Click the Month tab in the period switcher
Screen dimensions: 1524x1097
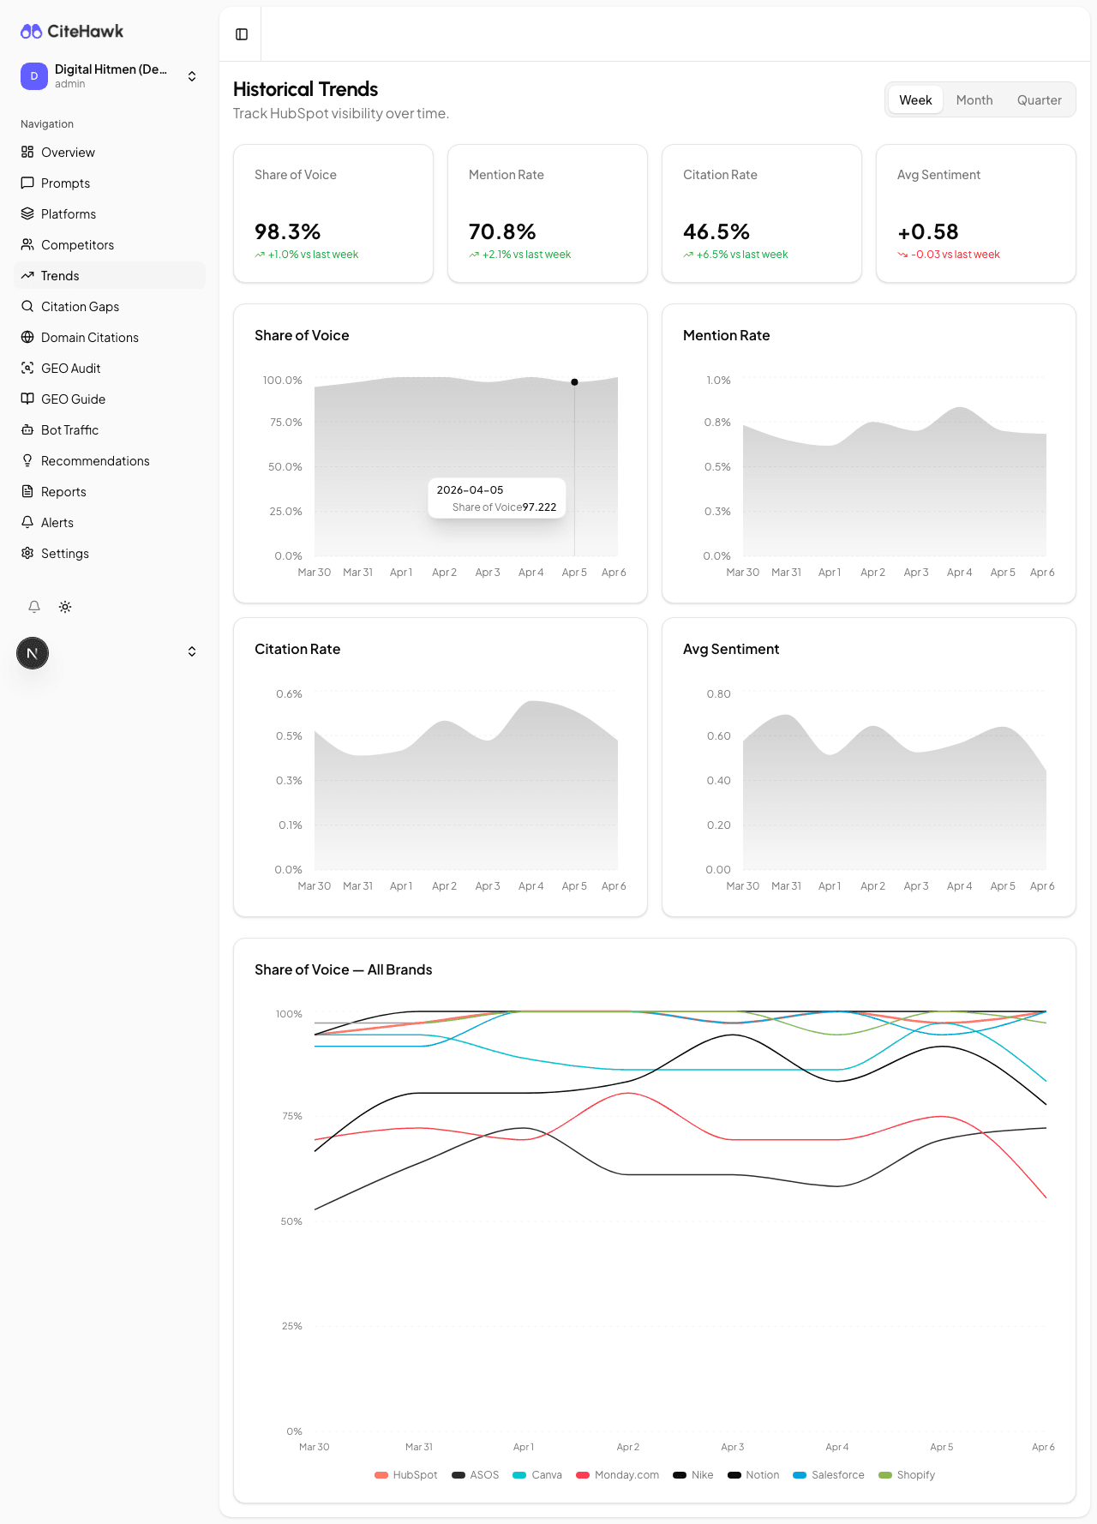click(x=974, y=100)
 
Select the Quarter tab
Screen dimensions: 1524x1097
click(x=1039, y=100)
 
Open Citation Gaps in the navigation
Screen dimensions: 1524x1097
click(x=80, y=307)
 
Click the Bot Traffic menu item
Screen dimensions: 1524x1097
click(x=69, y=430)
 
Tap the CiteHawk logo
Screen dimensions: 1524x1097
click(x=72, y=32)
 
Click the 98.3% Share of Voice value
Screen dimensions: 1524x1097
click(x=287, y=232)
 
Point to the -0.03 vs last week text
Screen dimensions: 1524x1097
click(x=955, y=255)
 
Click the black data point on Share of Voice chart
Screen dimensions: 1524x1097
click(x=574, y=382)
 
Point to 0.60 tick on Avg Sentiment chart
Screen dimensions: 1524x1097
click(x=718, y=736)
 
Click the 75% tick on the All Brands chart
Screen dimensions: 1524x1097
click(x=291, y=1116)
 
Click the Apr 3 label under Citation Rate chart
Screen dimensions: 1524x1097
click(x=487, y=886)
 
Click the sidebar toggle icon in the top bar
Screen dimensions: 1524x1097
click(x=242, y=34)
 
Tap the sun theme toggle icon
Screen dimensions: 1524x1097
click(x=65, y=607)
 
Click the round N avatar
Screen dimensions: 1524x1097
click(x=33, y=653)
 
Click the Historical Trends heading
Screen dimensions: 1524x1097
click(x=305, y=89)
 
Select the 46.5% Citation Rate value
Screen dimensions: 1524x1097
click(x=716, y=232)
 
